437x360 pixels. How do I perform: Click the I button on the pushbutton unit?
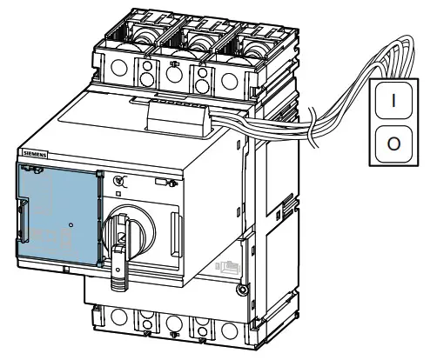393,99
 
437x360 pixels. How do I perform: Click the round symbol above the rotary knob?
119,181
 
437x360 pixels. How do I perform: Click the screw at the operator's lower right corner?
241,288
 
